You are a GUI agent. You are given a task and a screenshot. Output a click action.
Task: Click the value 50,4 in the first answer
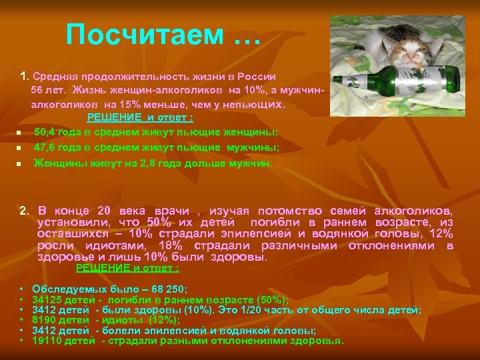coord(45,132)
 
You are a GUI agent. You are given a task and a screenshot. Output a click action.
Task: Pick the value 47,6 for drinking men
coord(45,147)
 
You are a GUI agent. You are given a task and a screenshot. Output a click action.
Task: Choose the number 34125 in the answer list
coord(47,300)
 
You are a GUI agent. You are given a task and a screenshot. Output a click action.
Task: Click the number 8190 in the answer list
coord(44,320)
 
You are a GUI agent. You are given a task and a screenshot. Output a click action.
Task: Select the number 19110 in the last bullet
coord(47,341)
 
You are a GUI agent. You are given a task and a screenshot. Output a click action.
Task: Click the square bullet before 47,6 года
coord(20,148)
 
